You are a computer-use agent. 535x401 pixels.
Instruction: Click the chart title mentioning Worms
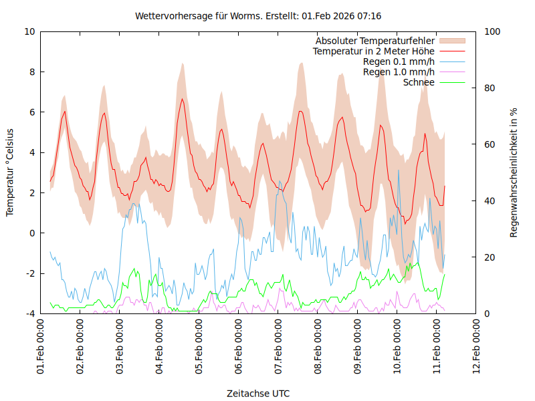258,15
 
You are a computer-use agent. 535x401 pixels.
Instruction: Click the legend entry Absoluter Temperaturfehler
375,41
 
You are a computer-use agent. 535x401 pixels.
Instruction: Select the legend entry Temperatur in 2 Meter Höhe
374,51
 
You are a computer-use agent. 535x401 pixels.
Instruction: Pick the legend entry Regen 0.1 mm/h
399,61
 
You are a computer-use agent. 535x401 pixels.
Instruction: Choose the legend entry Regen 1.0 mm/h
399,72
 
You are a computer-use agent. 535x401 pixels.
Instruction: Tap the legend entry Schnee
419,82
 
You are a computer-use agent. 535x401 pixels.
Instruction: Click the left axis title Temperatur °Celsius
10,172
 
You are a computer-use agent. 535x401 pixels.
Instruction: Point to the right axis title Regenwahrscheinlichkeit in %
514,172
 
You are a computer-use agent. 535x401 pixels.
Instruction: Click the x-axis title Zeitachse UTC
258,393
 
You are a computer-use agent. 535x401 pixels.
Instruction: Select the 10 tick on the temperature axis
30,31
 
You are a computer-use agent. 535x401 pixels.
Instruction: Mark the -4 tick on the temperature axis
30,313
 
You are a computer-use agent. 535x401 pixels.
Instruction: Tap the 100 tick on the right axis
492,31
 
